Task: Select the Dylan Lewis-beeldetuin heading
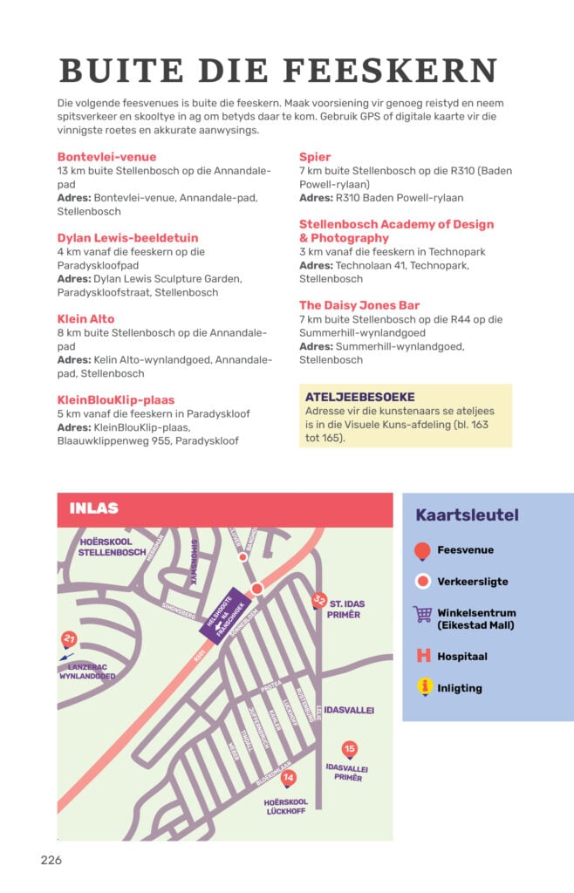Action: coord(127,237)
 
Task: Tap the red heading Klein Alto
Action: coord(85,318)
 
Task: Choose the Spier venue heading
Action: coord(315,157)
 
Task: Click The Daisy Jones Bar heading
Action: coord(359,305)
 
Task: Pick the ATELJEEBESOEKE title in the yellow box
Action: coord(359,397)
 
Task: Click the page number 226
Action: coord(51,860)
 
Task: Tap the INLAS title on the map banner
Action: coord(93,508)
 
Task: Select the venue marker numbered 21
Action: coord(69,639)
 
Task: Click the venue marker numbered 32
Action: coord(320,600)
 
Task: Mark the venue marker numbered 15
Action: coord(350,749)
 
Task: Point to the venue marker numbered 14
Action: coord(290,778)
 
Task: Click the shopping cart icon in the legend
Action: coord(423,614)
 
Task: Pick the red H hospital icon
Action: coord(423,656)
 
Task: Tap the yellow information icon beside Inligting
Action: coord(423,688)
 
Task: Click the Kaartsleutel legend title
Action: coord(467,515)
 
